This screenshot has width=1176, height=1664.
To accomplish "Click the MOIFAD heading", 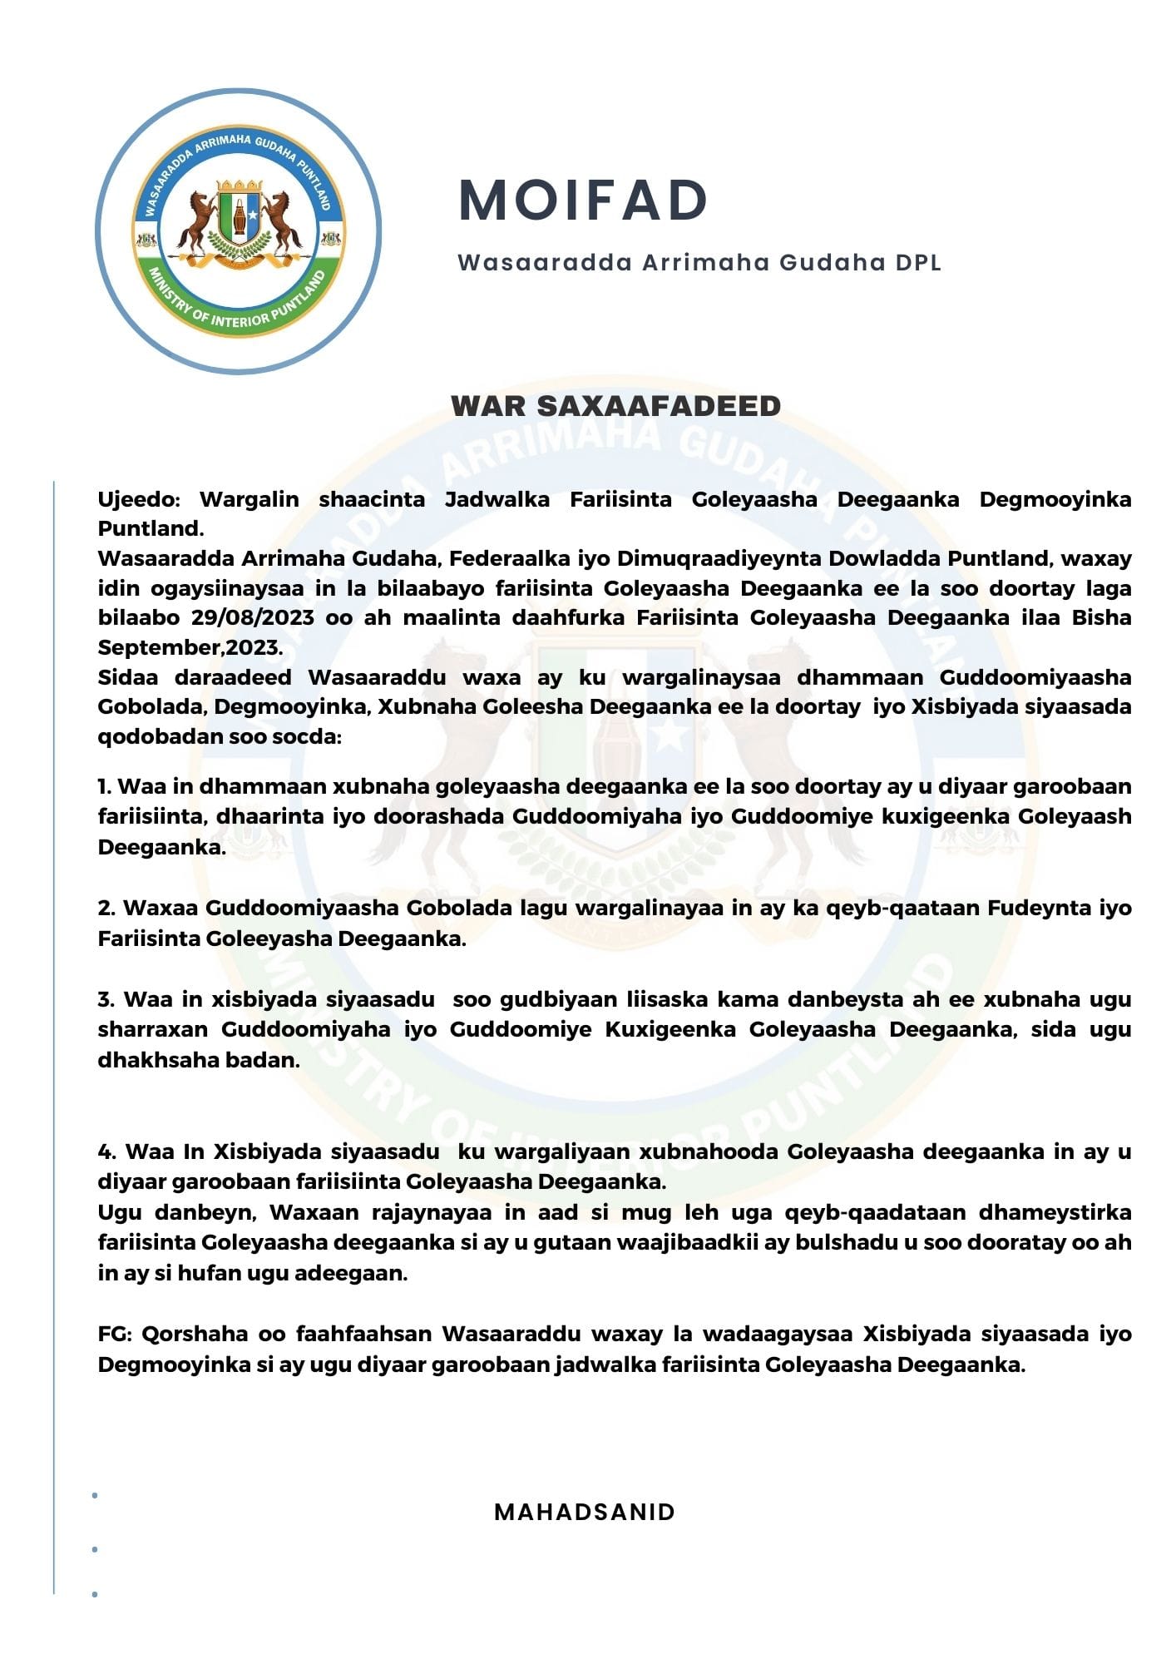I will pyautogui.click(x=583, y=201).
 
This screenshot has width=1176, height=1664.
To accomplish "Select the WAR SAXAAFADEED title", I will pyautogui.click(x=615, y=406).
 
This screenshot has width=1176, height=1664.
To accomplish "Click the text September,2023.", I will pyautogui.click(x=190, y=647).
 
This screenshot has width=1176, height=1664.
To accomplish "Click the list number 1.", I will pyautogui.click(x=104, y=786).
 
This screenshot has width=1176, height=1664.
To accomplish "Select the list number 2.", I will pyautogui.click(x=105, y=908).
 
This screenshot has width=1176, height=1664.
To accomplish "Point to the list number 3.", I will pyautogui.click(x=105, y=999).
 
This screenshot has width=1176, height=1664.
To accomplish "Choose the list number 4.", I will pyautogui.click(x=106, y=1151).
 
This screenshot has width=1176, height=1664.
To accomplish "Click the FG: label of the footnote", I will pyautogui.click(x=115, y=1334).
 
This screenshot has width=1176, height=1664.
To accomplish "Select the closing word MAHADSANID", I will pyautogui.click(x=585, y=1512).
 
